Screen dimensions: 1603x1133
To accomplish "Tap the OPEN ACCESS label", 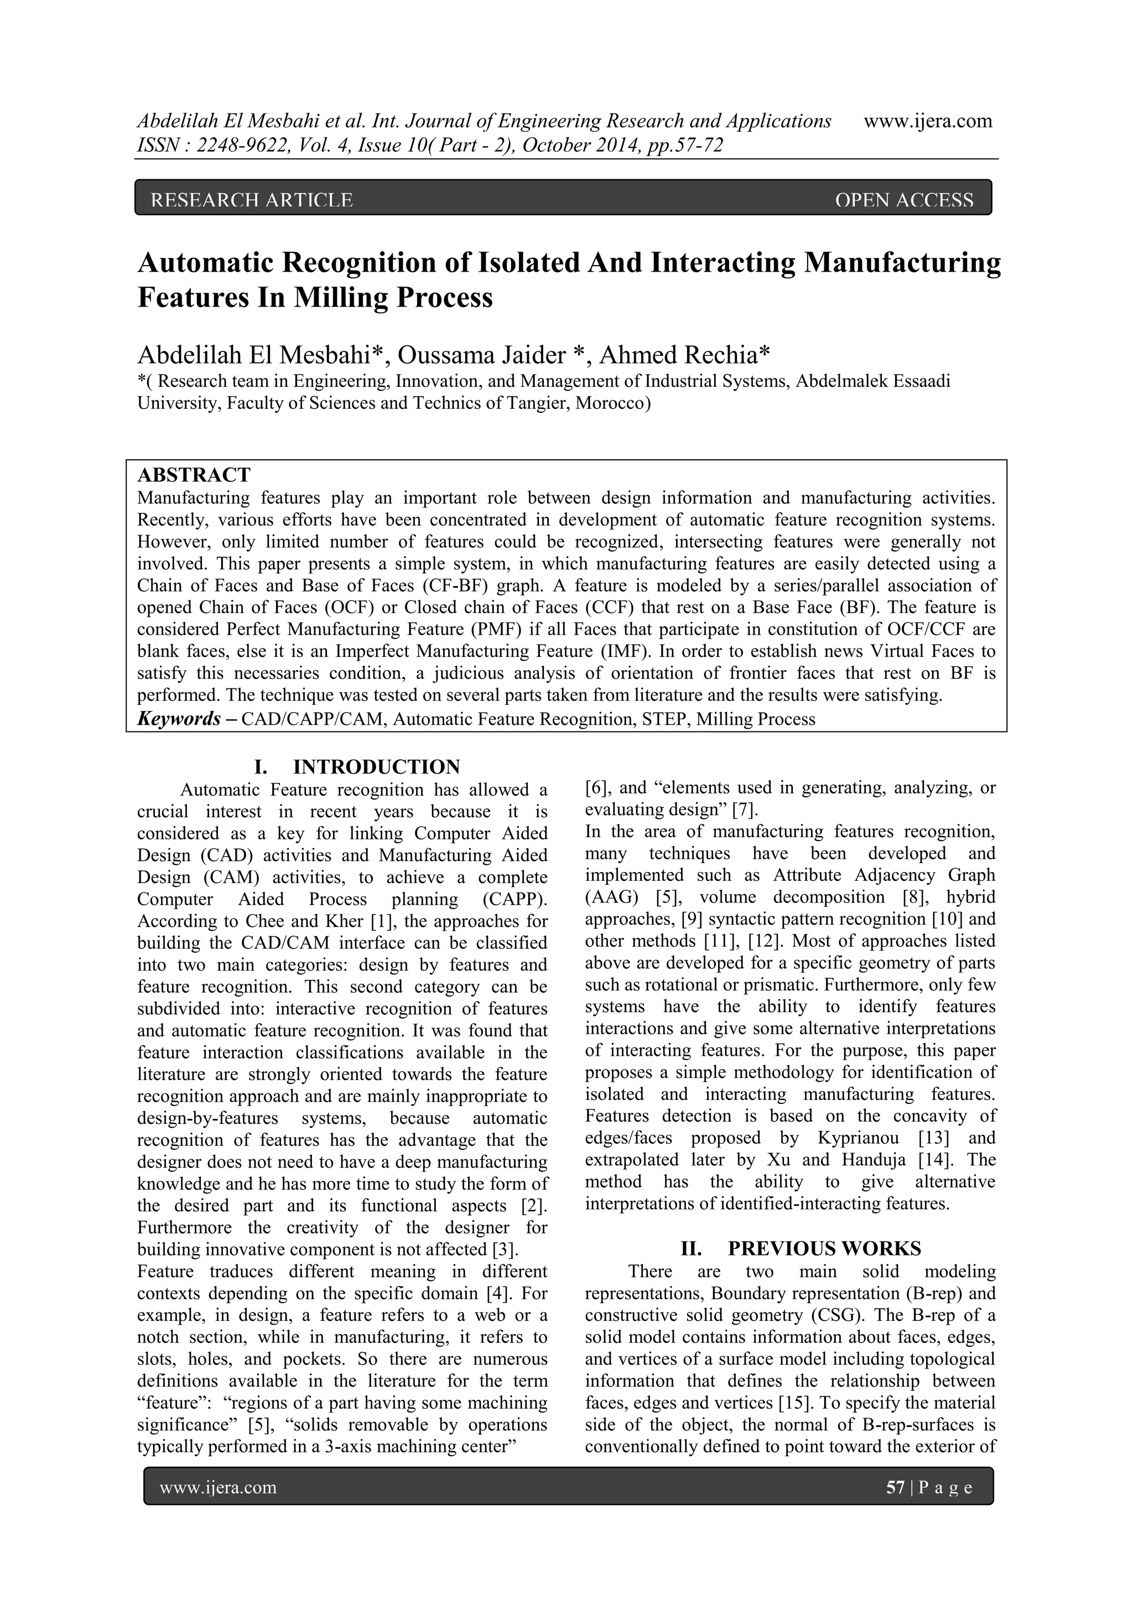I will point(903,200).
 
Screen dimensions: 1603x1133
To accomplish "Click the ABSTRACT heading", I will point(194,475).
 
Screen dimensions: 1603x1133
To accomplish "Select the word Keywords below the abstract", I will point(179,719).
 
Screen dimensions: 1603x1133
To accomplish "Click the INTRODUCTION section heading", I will point(376,767).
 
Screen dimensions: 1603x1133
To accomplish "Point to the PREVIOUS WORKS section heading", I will point(824,1248).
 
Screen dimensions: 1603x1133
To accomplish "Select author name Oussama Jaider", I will point(482,355).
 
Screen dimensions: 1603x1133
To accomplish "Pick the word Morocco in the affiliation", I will point(611,403).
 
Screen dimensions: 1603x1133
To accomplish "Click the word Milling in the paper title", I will point(339,298).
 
